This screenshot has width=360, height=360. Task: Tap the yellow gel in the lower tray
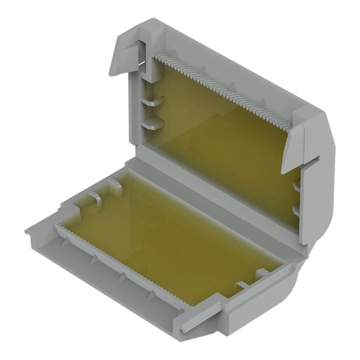coord(173,240)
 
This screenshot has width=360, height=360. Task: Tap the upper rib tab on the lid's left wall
coord(154,101)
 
